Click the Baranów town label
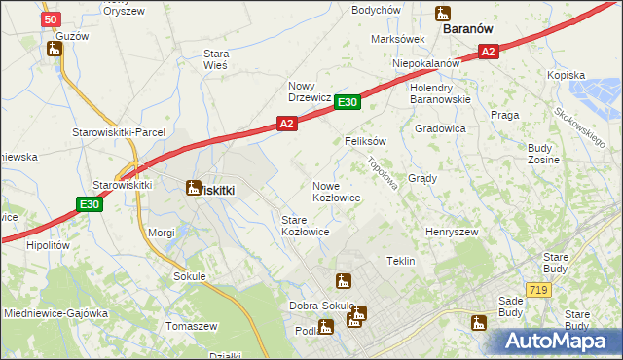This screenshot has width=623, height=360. coord(472,29)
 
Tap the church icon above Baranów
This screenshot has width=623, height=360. coord(443,13)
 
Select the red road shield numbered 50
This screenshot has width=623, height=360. coord(52,18)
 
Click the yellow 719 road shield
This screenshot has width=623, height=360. coord(537,290)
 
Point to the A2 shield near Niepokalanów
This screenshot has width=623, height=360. coord(489,52)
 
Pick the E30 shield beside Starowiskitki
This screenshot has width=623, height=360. coord(90,203)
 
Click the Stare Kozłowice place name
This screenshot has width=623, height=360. coord(305,227)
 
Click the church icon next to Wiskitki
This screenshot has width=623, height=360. coord(193,188)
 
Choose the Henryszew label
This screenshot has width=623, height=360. coord(451,233)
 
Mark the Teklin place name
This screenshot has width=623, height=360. coord(401,262)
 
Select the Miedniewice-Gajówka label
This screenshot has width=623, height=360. coord(55,314)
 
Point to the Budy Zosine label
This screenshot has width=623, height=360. coord(540,154)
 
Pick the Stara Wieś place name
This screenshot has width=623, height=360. coord(214,58)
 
